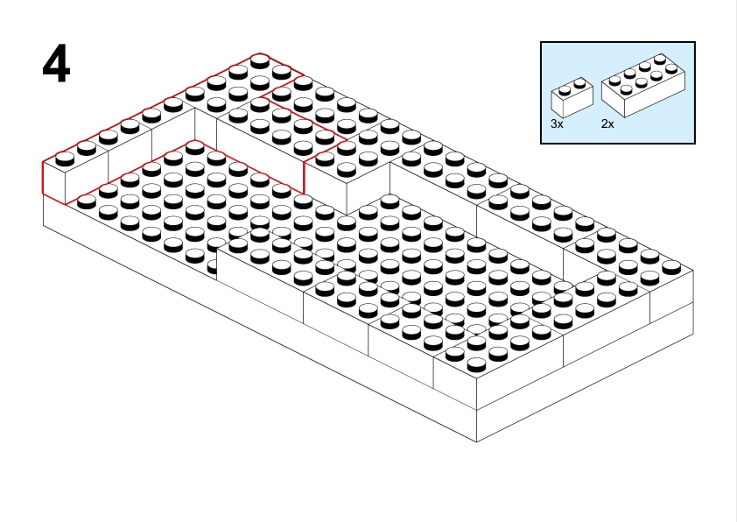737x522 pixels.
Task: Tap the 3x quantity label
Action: (x=557, y=123)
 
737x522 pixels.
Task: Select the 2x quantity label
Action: (x=607, y=123)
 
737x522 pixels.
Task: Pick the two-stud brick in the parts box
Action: (x=572, y=97)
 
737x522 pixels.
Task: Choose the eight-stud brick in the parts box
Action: (x=643, y=85)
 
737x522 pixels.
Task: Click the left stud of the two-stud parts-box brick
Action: (x=565, y=90)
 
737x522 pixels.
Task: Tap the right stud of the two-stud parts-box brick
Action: (x=580, y=83)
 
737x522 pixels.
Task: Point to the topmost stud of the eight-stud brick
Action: (x=660, y=59)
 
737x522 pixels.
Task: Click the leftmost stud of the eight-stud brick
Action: (x=614, y=81)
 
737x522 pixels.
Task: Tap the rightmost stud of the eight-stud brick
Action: (x=671, y=68)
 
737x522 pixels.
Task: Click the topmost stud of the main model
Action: (x=260, y=60)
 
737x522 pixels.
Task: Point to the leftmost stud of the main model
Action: (x=65, y=159)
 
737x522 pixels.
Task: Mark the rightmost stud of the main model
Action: (x=671, y=267)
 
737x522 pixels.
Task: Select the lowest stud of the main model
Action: (x=476, y=364)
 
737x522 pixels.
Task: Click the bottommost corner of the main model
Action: (x=477, y=442)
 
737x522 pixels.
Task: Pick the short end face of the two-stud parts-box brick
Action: (x=557, y=104)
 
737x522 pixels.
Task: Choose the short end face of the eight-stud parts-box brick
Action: (x=613, y=100)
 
